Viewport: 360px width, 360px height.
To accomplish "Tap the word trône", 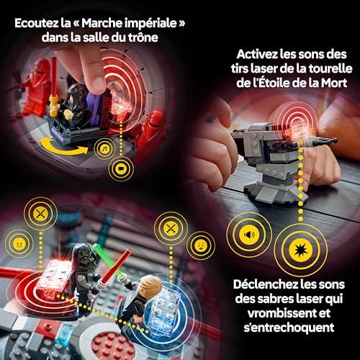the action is [x=143, y=37].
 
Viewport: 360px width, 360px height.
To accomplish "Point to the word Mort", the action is [x=334, y=83].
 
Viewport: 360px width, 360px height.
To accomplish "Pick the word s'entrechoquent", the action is [x=289, y=328].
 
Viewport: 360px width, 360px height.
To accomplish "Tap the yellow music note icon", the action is [x=104, y=149].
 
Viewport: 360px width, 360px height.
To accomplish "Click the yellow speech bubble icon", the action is [x=121, y=168].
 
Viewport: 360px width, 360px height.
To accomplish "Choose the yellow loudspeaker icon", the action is [x=249, y=234].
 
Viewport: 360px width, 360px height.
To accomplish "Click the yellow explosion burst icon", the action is [x=300, y=250].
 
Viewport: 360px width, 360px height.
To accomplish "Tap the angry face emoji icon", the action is [x=19, y=244].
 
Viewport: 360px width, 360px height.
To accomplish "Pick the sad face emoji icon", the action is [x=201, y=246].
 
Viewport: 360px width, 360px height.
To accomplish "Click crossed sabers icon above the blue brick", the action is [x=171, y=228].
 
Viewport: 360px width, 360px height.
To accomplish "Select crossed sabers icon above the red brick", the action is [x=40, y=213].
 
